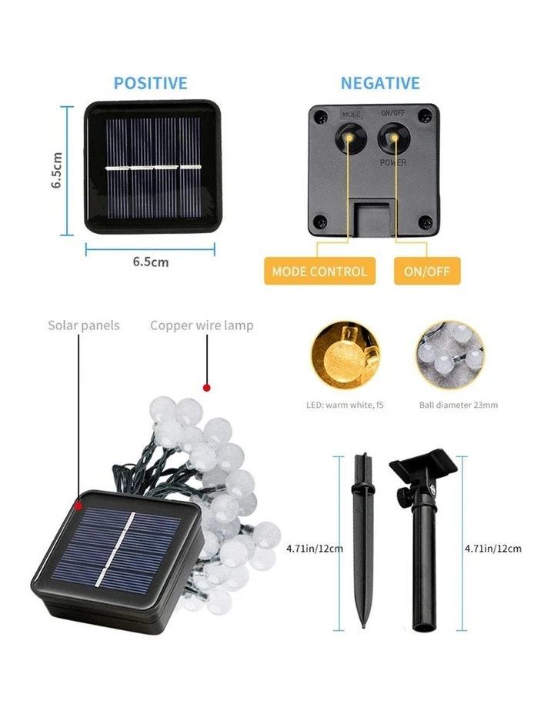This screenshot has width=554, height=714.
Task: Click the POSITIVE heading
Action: (150, 83)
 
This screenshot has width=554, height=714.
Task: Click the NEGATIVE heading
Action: (380, 83)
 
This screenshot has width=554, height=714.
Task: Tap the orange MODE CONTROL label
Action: (319, 271)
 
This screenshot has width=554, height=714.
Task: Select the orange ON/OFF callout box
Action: (427, 271)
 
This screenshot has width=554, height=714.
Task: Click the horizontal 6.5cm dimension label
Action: (150, 262)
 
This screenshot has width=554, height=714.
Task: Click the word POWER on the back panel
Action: (393, 163)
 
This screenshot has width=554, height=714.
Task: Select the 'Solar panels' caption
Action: (84, 325)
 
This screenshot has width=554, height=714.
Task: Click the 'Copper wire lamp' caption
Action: (202, 325)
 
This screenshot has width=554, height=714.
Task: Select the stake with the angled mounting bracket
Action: (422, 539)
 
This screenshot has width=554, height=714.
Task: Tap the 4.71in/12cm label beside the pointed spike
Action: (314, 549)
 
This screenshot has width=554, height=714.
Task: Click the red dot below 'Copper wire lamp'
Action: (205, 386)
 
